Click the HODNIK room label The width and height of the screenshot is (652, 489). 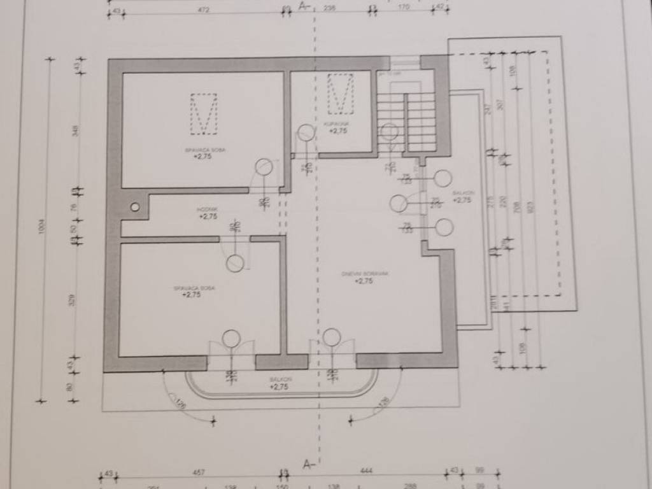[x=208, y=209]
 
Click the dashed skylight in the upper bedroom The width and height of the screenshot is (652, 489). [x=204, y=114]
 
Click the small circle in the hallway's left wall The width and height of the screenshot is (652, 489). [x=134, y=207]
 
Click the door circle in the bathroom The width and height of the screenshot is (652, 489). [x=306, y=132]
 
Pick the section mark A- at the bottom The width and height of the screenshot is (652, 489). [x=308, y=463]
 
